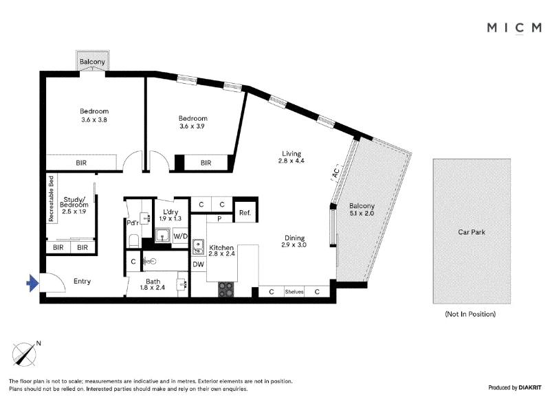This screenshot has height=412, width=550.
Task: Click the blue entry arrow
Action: (32, 283)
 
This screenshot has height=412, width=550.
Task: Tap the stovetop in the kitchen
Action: (226, 289)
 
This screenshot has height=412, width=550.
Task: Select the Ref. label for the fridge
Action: (245, 213)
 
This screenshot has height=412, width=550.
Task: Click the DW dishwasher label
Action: (198, 264)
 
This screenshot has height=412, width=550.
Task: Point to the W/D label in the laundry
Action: (180, 236)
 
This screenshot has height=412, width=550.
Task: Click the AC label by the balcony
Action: (335, 172)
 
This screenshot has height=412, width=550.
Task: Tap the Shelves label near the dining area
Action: (294, 291)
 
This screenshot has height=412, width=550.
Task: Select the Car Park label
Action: (472, 232)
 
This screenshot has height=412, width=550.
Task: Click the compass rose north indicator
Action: (25, 354)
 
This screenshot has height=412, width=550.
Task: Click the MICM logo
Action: (514, 28)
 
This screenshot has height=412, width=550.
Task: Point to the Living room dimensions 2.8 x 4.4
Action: (291, 161)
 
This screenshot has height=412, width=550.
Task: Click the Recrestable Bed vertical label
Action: (51, 198)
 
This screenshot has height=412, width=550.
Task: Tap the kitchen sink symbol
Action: (198, 247)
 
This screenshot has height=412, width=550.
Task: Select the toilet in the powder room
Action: (133, 241)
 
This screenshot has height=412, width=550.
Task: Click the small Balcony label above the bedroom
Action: (92, 62)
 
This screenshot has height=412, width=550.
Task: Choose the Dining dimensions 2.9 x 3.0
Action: (294, 245)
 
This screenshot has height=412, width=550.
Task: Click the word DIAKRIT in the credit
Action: (530, 387)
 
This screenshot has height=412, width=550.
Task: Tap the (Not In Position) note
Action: (470, 314)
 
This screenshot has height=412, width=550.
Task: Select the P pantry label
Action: (219, 219)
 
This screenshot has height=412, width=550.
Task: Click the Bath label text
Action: (153, 282)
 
